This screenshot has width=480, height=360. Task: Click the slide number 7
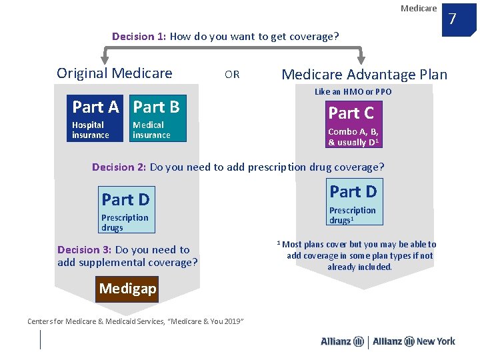[452, 18]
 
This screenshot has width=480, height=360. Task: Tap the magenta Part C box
[353, 125]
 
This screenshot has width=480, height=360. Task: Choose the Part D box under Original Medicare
[126, 209]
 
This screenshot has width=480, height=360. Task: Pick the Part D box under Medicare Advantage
[353, 202]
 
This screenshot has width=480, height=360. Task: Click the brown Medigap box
[127, 289]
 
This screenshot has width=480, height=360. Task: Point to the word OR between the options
[232, 75]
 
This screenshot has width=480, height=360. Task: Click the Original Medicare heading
[115, 73]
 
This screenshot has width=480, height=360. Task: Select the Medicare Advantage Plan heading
[365, 75]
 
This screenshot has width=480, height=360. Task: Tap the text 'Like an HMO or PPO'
[353, 92]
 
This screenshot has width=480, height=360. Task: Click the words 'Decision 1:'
[139, 37]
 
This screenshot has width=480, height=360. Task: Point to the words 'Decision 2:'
[119, 167]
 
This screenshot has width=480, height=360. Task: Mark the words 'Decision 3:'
[84, 250]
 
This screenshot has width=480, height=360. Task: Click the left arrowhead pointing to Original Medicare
[103, 58]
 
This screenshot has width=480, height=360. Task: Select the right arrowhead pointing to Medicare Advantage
[361, 58]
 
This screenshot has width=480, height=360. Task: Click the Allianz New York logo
[414, 341]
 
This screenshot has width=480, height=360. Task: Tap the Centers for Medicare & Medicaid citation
[135, 322]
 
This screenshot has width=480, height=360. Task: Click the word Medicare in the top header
[419, 8]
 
